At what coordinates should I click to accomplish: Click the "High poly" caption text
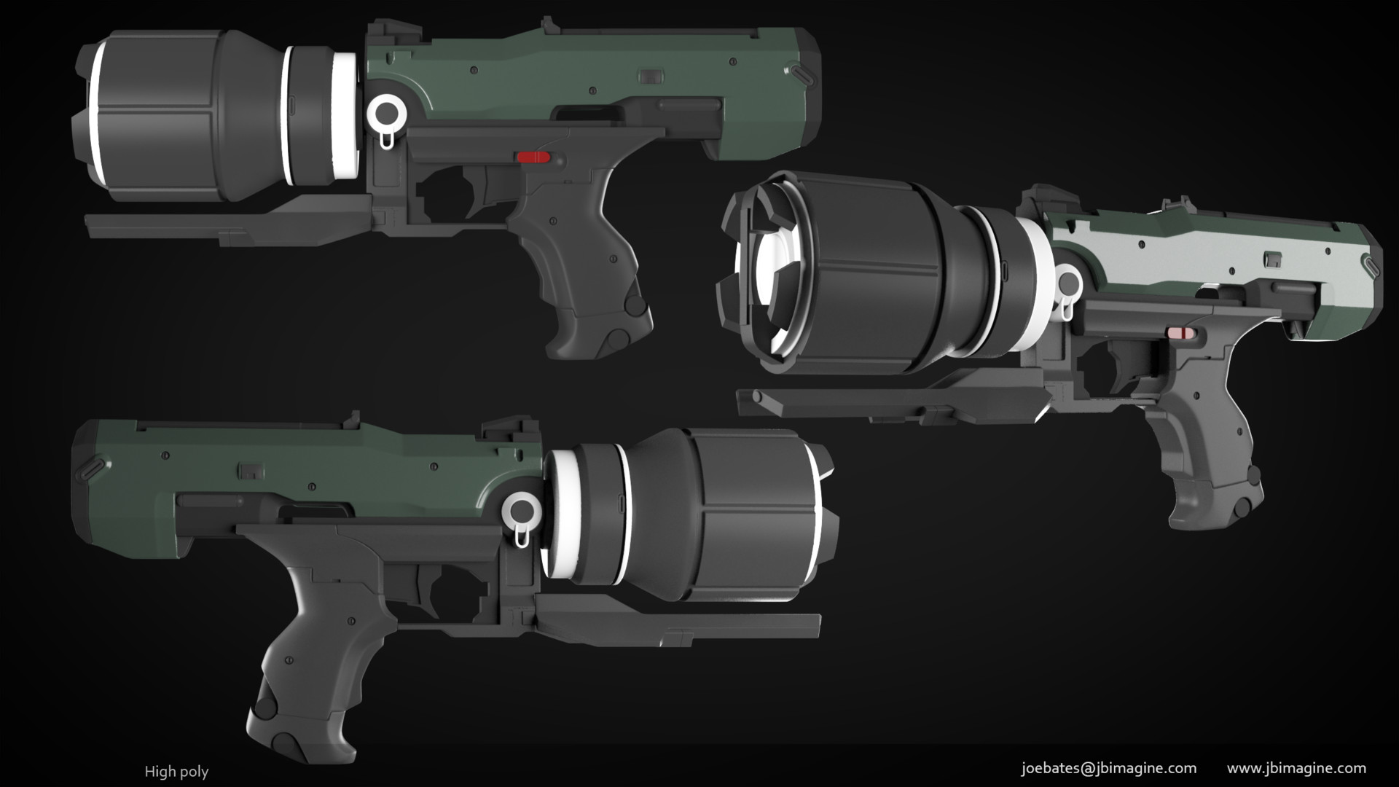coord(176,772)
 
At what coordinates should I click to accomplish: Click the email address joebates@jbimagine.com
coord(1109,768)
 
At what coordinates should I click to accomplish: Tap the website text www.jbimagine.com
coord(1296,768)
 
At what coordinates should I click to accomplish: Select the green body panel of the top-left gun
coord(583,73)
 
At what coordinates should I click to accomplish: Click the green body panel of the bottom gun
coord(291,466)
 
